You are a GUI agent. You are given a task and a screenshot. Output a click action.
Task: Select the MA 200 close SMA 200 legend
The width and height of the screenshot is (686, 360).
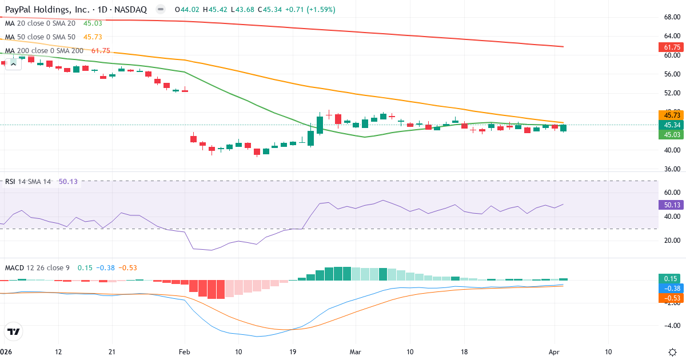pos(44,51)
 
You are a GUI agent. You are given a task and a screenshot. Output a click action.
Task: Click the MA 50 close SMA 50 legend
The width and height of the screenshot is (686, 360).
pos(40,37)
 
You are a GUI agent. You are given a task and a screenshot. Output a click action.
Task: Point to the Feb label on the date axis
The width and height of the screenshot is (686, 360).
pos(184,352)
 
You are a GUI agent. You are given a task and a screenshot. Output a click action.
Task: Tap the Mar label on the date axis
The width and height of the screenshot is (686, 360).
pos(355,352)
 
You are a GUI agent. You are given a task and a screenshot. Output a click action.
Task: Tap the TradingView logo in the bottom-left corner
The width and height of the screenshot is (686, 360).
pos(13,331)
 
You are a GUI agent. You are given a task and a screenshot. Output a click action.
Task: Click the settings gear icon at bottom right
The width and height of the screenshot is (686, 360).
pos(673,352)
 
